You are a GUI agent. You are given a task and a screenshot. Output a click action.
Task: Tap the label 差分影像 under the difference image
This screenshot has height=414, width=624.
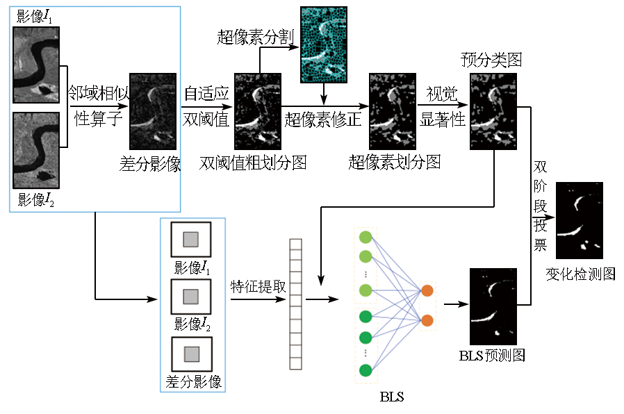pyautogui.click(x=151, y=164)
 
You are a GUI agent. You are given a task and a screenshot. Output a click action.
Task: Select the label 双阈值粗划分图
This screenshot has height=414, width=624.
pyautogui.click(x=253, y=163)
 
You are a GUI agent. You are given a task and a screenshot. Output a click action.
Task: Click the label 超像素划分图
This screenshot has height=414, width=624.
pyautogui.click(x=394, y=163)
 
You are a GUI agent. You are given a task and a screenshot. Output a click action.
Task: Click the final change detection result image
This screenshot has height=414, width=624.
pyautogui.click(x=580, y=220)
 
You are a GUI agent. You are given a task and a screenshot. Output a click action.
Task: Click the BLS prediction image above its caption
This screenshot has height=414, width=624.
pyautogui.click(x=493, y=306)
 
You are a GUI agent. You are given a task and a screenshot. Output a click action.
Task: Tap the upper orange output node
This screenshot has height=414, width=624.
pyautogui.click(x=427, y=291)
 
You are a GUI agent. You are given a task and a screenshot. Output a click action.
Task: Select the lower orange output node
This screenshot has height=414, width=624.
pyautogui.click(x=427, y=320)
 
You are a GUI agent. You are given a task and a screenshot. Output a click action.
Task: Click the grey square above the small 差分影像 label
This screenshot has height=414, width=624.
pyautogui.click(x=191, y=355)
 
